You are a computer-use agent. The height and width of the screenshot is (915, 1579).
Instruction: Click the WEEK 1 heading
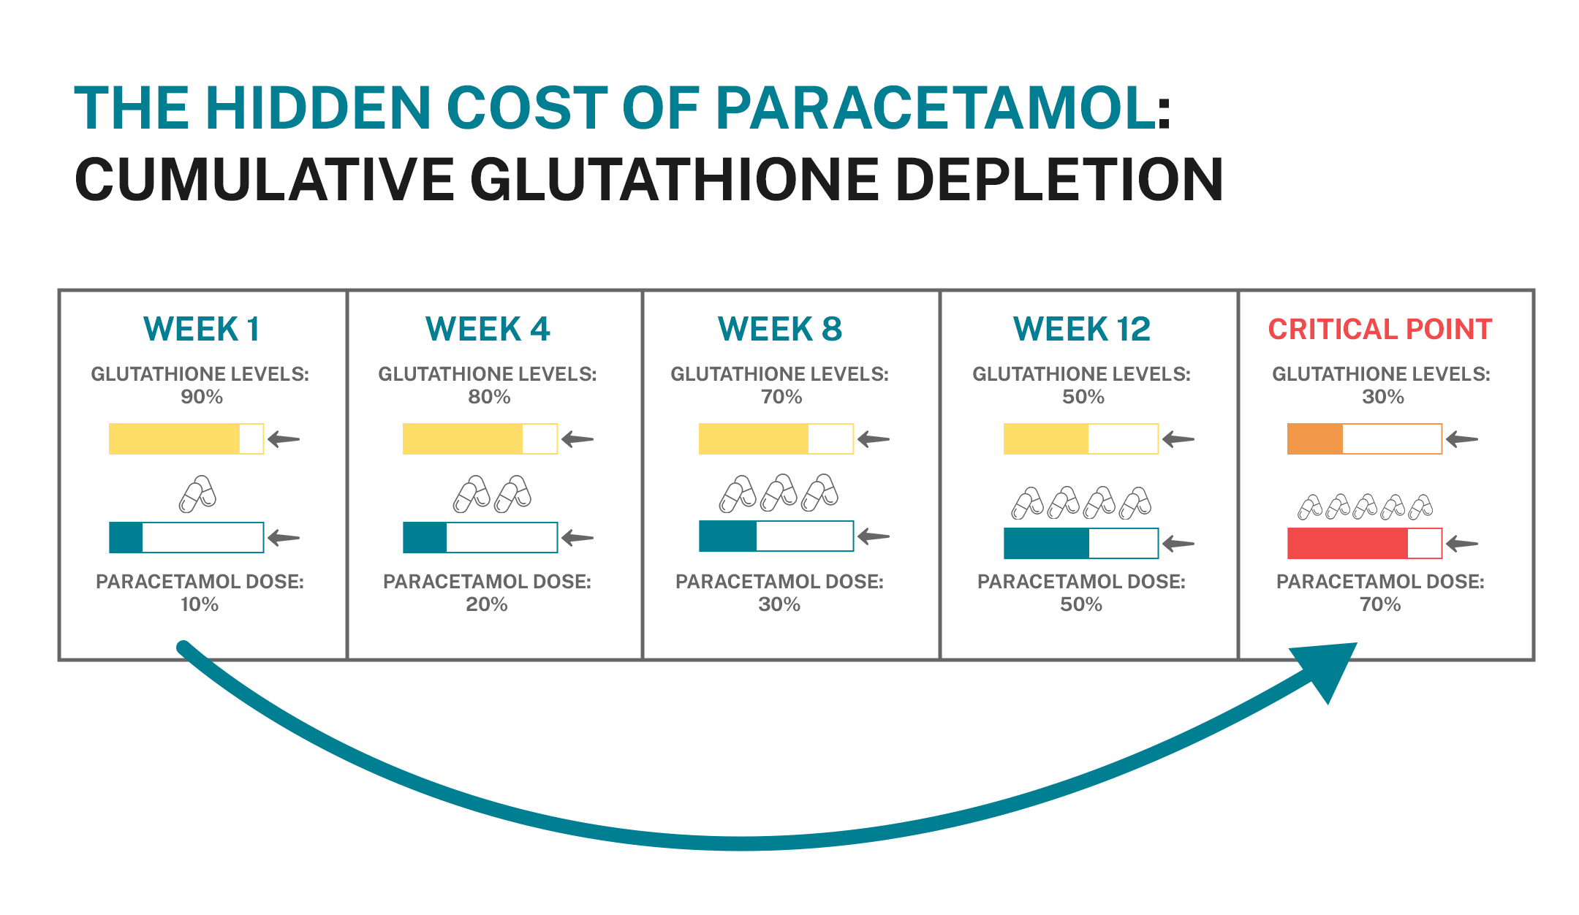click(x=201, y=330)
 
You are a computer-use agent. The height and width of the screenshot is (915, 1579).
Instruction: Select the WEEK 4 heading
click(x=488, y=330)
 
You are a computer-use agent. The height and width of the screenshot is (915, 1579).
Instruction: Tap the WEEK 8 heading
click(x=780, y=330)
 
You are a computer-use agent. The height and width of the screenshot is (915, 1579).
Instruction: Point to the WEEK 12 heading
click(x=1081, y=330)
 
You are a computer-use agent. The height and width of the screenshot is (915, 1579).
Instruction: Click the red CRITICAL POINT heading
click(x=1379, y=330)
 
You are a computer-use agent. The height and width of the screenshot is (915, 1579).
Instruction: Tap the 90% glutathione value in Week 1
click(x=202, y=397)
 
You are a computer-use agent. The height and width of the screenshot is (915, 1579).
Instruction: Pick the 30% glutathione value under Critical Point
click(x=1382, y=397)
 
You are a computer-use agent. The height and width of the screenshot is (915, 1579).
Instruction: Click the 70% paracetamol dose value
click(x=1379, y=604)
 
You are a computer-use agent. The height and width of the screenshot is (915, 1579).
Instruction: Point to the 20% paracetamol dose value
click(x=487, y=604)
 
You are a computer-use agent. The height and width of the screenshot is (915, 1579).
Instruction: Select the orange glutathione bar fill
click(x=1314, y=439)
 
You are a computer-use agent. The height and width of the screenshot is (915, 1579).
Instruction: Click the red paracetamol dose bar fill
click(x=1347, y=544)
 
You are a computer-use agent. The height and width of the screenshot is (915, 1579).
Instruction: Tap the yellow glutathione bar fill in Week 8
click(x=753, y=439)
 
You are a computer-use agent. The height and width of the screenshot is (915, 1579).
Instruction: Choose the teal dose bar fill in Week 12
click(x=1046, y=544)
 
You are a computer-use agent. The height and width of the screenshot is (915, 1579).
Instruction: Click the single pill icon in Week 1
click(x=197, y=494)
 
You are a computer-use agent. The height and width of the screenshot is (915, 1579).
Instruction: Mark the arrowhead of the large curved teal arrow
click(x=1327, y=669)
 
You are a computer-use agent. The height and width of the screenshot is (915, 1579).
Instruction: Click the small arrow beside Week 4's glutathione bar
click(x=578, y=439)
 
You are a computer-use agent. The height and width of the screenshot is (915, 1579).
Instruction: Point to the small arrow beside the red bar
click(x=1462, y=544)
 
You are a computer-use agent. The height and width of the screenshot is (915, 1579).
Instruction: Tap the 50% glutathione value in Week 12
click(x=1083, y=397)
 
